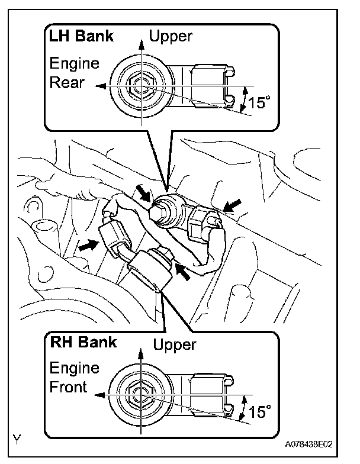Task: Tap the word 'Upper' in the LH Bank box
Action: pos(171,37)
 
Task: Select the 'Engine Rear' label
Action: pos(74,73)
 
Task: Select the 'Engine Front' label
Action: pos(74,378)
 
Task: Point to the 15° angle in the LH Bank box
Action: pos(258,103)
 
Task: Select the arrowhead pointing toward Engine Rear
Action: pos(102,86)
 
